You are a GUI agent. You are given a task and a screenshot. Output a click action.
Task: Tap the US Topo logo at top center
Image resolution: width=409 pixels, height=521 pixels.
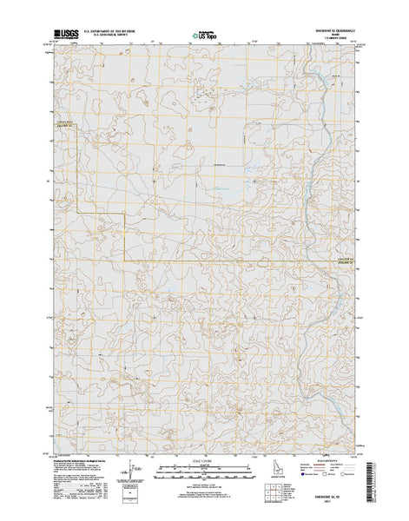[x=205, y=36]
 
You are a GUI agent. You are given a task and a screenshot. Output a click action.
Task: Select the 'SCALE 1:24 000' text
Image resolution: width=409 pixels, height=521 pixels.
[x=202, y=459]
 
